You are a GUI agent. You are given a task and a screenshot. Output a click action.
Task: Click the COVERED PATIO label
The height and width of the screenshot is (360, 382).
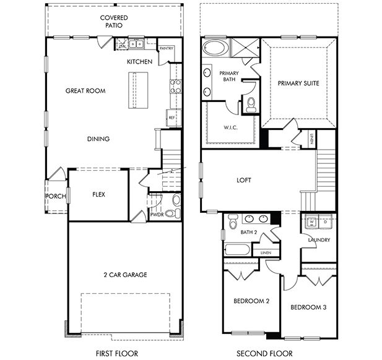[114, 22]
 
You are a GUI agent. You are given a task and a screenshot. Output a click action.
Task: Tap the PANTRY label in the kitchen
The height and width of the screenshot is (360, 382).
[167, 48]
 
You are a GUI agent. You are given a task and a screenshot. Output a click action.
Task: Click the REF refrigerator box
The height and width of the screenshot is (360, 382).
[172, 117]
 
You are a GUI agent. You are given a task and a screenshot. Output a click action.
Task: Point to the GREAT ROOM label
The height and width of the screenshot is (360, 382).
[85, 91]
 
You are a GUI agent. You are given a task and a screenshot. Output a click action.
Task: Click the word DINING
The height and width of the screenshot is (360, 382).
[98, 139]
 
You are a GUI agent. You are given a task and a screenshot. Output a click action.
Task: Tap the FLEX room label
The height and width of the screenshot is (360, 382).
[98, 194]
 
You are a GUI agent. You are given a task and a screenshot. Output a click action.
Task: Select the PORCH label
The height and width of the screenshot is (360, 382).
[55, 197]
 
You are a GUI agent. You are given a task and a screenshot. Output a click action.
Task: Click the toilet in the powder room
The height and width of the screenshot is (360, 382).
[176, 200]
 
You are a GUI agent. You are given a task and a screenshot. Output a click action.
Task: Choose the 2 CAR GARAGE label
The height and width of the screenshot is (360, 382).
[126, 275]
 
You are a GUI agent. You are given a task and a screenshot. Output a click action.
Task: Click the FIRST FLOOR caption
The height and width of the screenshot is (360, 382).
[114, 353]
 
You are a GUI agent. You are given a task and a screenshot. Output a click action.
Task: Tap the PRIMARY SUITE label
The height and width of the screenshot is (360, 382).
[298, 83]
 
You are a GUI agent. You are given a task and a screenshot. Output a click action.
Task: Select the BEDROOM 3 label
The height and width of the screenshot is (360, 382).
[309, 307]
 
